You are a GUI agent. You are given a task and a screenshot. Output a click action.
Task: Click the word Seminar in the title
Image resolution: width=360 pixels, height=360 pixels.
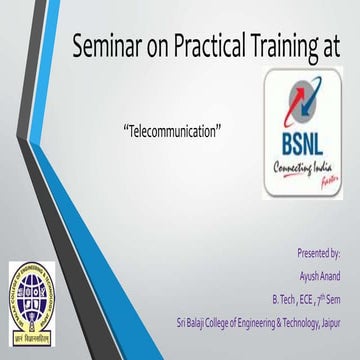point(106,45)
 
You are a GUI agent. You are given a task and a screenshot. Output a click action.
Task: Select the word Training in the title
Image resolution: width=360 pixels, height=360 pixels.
point(291,45)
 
